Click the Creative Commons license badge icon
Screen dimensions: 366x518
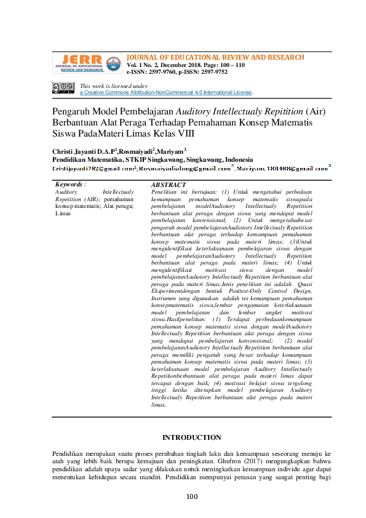[63, 88]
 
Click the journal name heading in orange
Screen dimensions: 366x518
[215, 57]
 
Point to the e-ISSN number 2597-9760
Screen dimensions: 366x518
[163, 72]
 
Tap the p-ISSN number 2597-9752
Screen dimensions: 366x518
[213, 72]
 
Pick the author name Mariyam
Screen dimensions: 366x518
[169, 150]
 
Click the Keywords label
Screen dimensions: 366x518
[70, 185]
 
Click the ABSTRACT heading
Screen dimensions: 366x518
[168, 185]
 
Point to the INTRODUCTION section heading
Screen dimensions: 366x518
[191, 437]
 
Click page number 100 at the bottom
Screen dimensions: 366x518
[191, 496]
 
